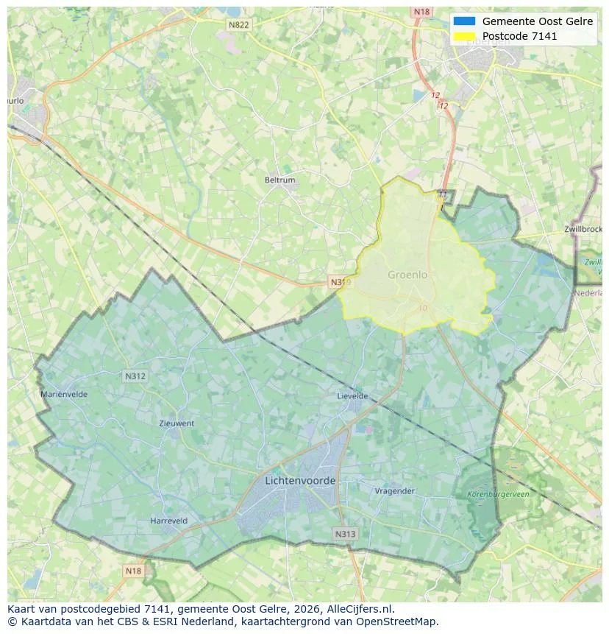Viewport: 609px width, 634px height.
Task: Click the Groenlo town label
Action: click(x=407, y=275)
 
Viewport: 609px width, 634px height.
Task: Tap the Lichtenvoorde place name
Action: click(x=299, y=480)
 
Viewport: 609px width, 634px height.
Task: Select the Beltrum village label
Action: click(x=279, y=180)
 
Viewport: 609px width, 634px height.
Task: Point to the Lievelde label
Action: click(x=352, y=395)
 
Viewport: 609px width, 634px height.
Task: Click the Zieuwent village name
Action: click(x=177, y=423)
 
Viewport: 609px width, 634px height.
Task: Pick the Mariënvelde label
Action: click(x=64, y=394)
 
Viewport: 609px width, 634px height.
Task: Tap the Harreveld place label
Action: click(x=169, y=521)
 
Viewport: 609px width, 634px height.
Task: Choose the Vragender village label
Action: click(x=395, y=490)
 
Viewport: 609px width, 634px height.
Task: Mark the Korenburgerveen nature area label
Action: click(x=498, y=494)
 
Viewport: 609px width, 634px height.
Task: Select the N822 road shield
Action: click(x=238, y=24)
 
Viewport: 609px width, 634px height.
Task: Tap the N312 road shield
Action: click(x=135, y=376)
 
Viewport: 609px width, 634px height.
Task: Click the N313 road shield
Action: click(x=344, y=534)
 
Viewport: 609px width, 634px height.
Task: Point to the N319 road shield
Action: click(x=339, y=282)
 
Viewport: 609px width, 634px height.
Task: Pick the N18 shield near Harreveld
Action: click(x=133, y=571)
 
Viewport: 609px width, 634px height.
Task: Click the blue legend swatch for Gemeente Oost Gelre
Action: click(x=465, y=21)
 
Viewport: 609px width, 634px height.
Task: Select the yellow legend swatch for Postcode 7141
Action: click(x=465, y=36)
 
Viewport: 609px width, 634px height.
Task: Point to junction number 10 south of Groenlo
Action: click(x=421, y=308)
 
